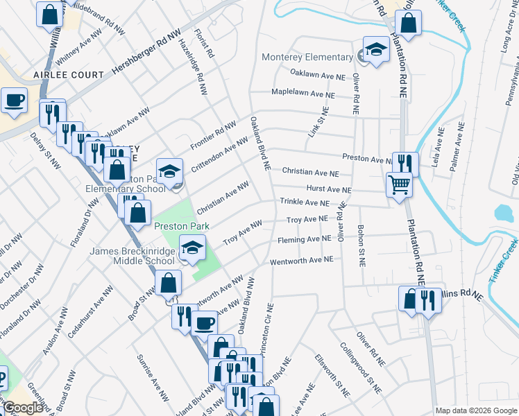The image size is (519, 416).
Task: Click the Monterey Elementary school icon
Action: [x=376, y=49]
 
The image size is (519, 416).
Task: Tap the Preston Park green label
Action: [x=177, y=225]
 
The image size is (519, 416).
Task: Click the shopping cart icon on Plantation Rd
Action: [x=399, y=184]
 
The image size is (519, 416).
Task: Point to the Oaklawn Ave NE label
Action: [x=317, y=76]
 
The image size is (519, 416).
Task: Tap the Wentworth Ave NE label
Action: [x=302, y=260]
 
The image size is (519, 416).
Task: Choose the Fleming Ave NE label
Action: [x=305, y=239]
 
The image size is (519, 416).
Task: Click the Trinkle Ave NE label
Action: [x=304, y=202]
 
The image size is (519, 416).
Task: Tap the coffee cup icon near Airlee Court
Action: [x=14, y=101]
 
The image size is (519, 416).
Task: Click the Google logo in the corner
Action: [x=22, y=408]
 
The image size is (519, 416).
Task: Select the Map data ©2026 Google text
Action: [x=475, y=410]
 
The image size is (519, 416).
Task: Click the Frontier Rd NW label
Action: [x=214, y=136]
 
